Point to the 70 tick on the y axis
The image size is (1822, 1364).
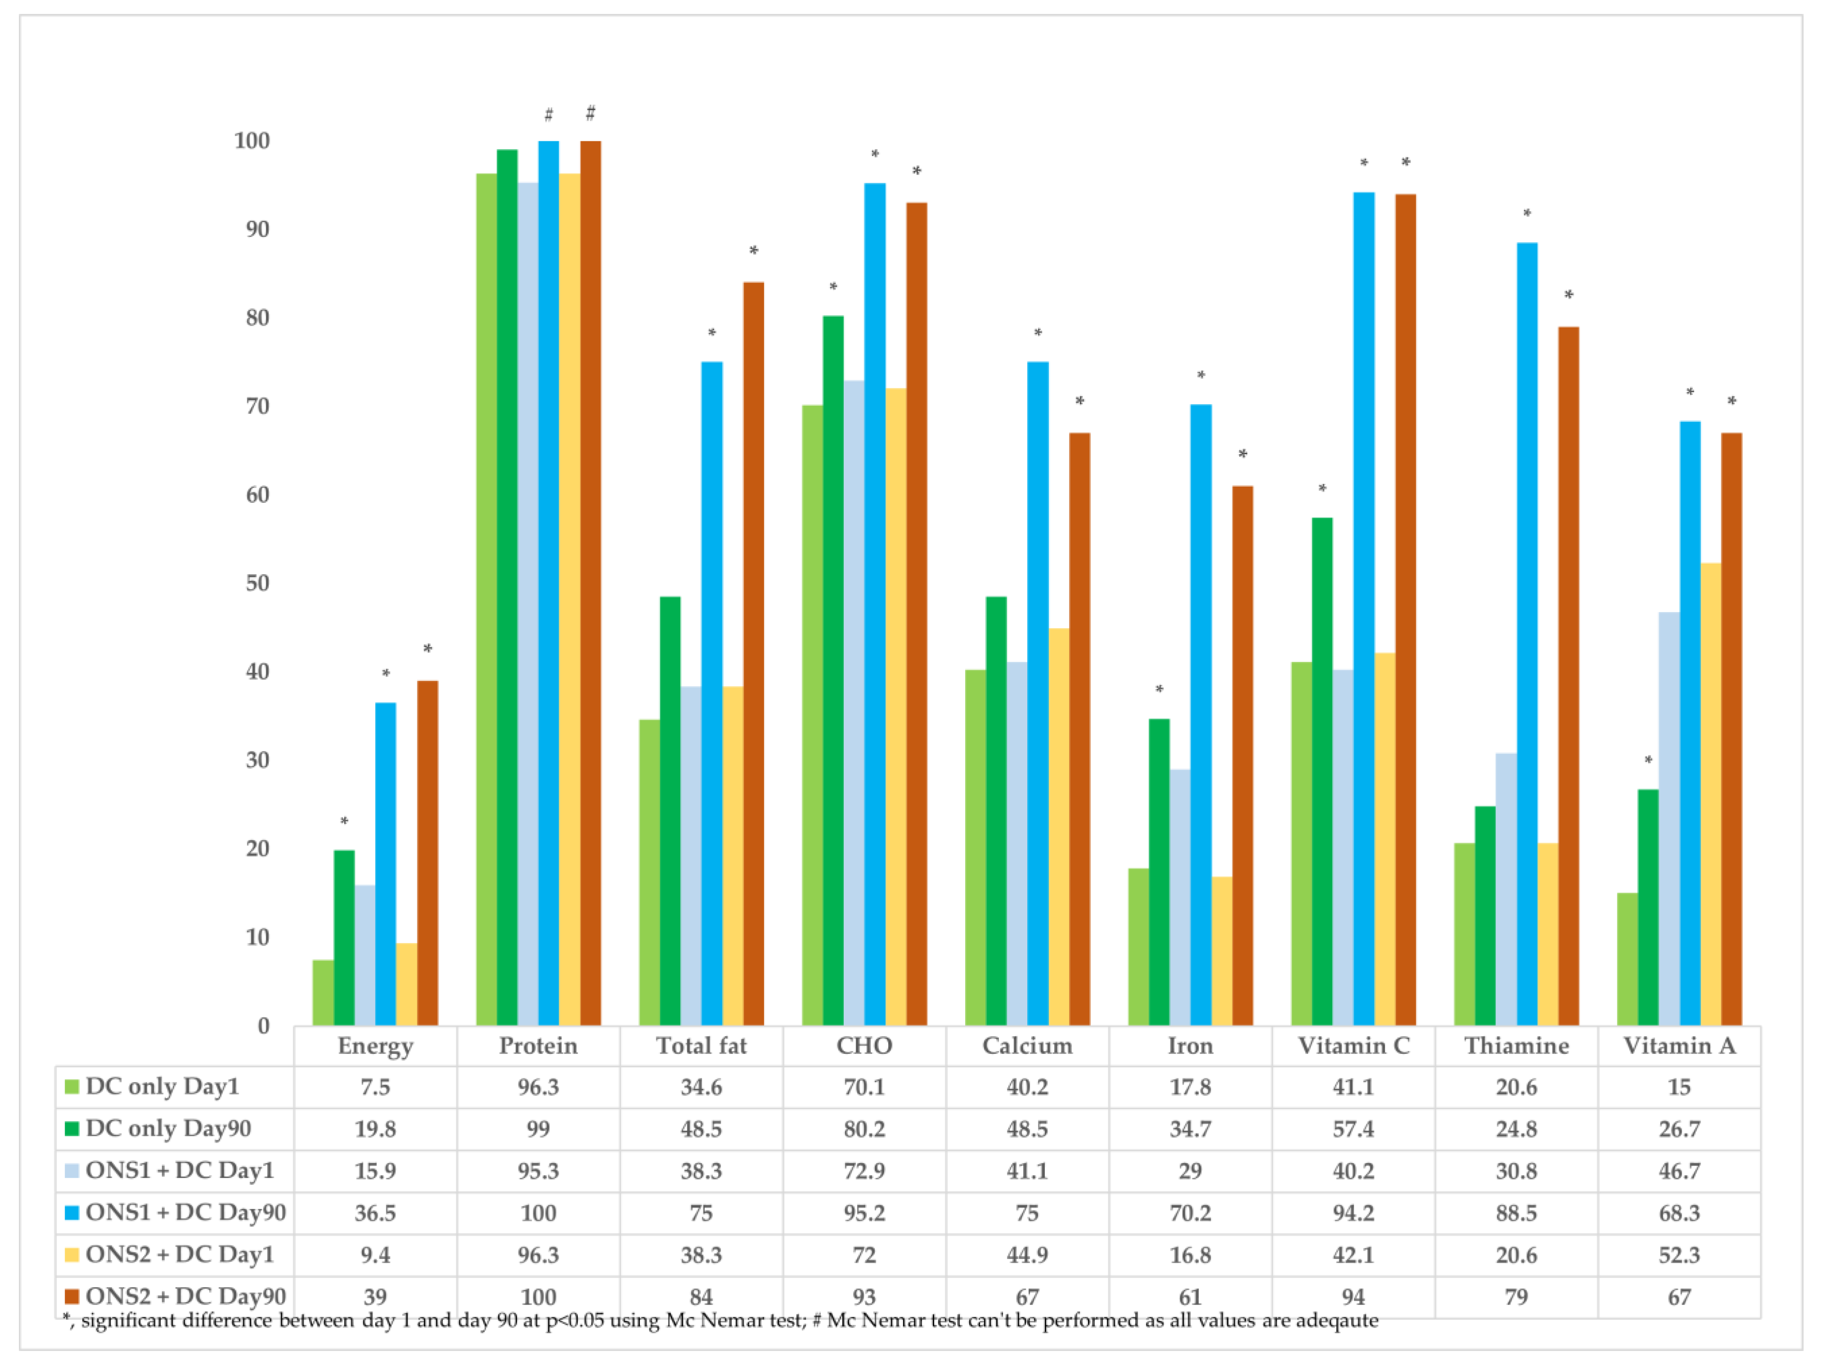pos(258,406)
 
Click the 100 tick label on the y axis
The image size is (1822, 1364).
pos(252,141)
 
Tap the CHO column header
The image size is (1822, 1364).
pos(864,1046)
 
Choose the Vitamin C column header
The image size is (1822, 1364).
pos(1353,1046)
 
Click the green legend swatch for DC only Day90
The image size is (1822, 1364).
pos(72,1128)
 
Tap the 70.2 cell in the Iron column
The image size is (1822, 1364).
pos(1190,1213)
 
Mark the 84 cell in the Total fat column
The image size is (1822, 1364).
pos(701,1297)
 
